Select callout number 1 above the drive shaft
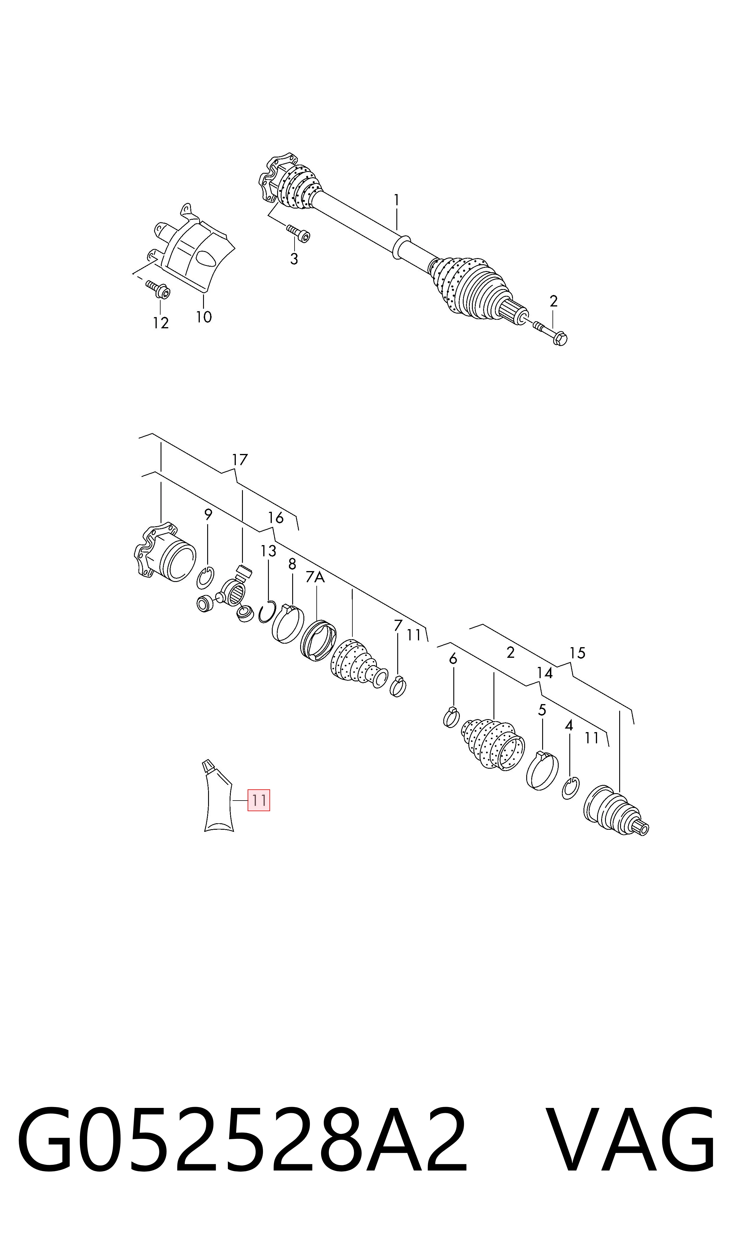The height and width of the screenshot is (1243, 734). click(396, 200)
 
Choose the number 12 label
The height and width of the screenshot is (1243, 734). click(161, 323)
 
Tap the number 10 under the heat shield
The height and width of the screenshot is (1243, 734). click(204, 317)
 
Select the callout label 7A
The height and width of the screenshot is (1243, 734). click(315, 577)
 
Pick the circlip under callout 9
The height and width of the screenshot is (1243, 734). click(205, 578)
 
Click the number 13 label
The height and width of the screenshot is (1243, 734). click(269, 551)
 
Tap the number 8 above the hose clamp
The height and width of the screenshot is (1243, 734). click(292, 564)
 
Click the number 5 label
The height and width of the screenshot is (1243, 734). click(542, 710)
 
